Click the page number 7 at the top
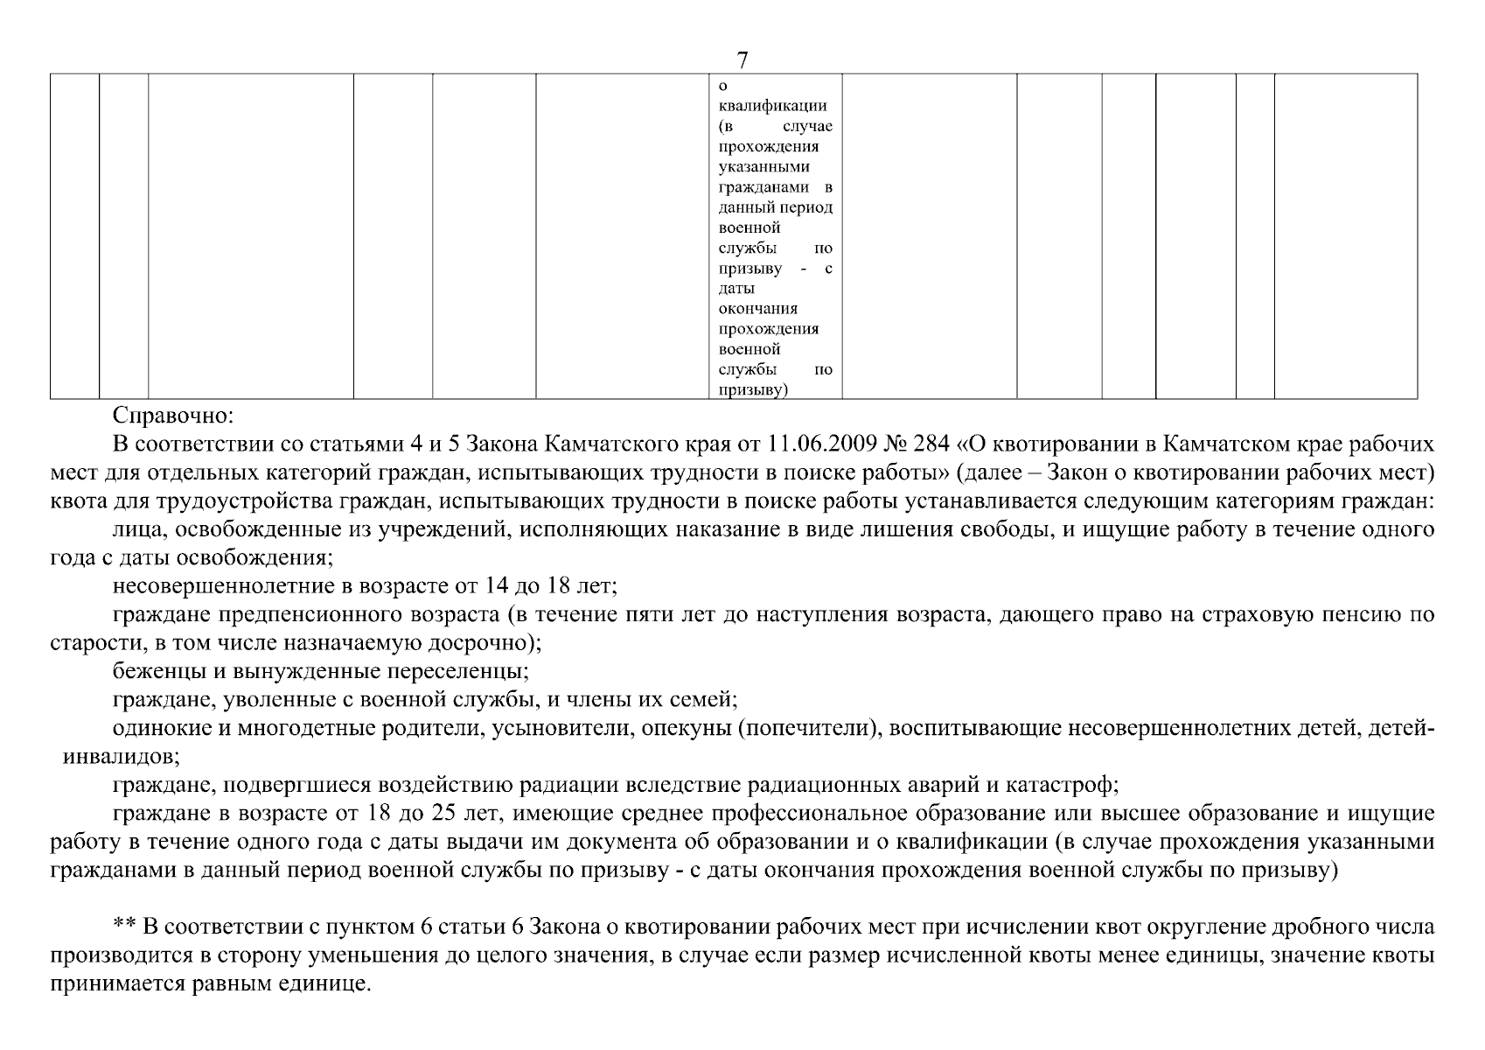coord(742,60)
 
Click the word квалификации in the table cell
coord(772,106)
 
